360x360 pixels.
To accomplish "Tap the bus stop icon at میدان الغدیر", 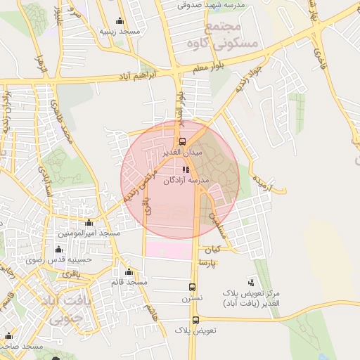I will point(183,141).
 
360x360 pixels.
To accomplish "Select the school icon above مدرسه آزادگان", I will point(205,169).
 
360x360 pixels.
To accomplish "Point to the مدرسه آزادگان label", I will point(186,181).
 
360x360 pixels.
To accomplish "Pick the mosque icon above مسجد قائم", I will point(128,272).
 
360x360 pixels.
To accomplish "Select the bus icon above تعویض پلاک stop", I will point(195,319).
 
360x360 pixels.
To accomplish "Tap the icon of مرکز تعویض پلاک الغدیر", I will point(271,282).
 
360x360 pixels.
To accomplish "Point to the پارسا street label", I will point(208,263).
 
